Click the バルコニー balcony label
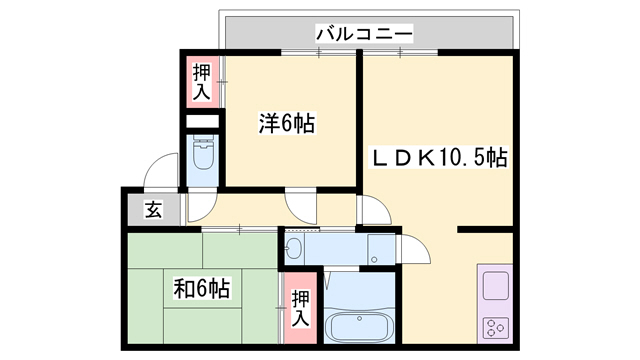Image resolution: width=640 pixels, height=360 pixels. point(364,34)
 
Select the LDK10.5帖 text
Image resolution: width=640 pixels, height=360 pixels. point(441,157)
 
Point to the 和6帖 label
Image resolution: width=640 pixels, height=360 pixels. point(203,289)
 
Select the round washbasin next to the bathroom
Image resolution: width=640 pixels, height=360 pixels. point(296,247)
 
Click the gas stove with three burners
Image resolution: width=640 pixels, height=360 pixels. point(496,326)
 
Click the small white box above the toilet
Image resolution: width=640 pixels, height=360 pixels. point(202,123)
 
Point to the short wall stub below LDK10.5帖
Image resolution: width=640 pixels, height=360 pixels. point(485,230)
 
